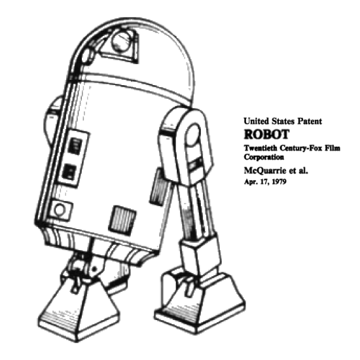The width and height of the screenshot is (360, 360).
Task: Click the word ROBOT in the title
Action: [266, 135]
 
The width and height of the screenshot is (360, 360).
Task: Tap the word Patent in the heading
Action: [310, 121]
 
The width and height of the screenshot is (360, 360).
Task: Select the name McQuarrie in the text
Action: [263, 171]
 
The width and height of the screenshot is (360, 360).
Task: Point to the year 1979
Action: [279, 182]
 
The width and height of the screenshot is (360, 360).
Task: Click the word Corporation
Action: [264, 157]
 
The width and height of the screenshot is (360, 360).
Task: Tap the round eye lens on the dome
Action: [121, 42]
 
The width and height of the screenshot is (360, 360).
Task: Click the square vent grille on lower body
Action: [122, 220]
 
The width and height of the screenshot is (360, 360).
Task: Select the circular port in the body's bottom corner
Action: [60, 210]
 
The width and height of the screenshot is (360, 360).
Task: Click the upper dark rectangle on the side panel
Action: [75, 146]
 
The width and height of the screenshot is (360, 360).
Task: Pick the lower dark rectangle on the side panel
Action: [69, 171]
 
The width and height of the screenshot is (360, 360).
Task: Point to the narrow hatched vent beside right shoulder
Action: [158, 187]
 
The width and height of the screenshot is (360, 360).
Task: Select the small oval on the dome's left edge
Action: [86, 56]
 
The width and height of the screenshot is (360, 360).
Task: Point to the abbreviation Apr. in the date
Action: [250, 182]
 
